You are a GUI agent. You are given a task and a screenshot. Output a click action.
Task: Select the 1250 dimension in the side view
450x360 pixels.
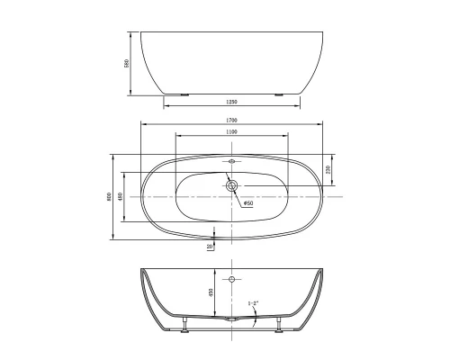pos(231,101)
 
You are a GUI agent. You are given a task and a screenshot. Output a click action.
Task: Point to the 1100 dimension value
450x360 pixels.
pos(231,132)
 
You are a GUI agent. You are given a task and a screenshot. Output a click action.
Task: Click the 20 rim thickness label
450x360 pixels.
pos(209,245)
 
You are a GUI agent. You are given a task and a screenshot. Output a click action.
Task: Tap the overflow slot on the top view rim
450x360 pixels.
pos(232,163)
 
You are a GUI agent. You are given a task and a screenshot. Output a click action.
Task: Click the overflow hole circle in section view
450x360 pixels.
pos(232,280)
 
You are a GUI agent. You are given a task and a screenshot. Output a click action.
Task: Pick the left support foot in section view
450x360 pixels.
pos(184,325)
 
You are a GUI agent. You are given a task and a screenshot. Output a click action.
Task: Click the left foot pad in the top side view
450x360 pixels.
pos(184,93)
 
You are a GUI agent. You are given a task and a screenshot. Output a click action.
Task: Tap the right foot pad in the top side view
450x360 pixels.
pos(280,93)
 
